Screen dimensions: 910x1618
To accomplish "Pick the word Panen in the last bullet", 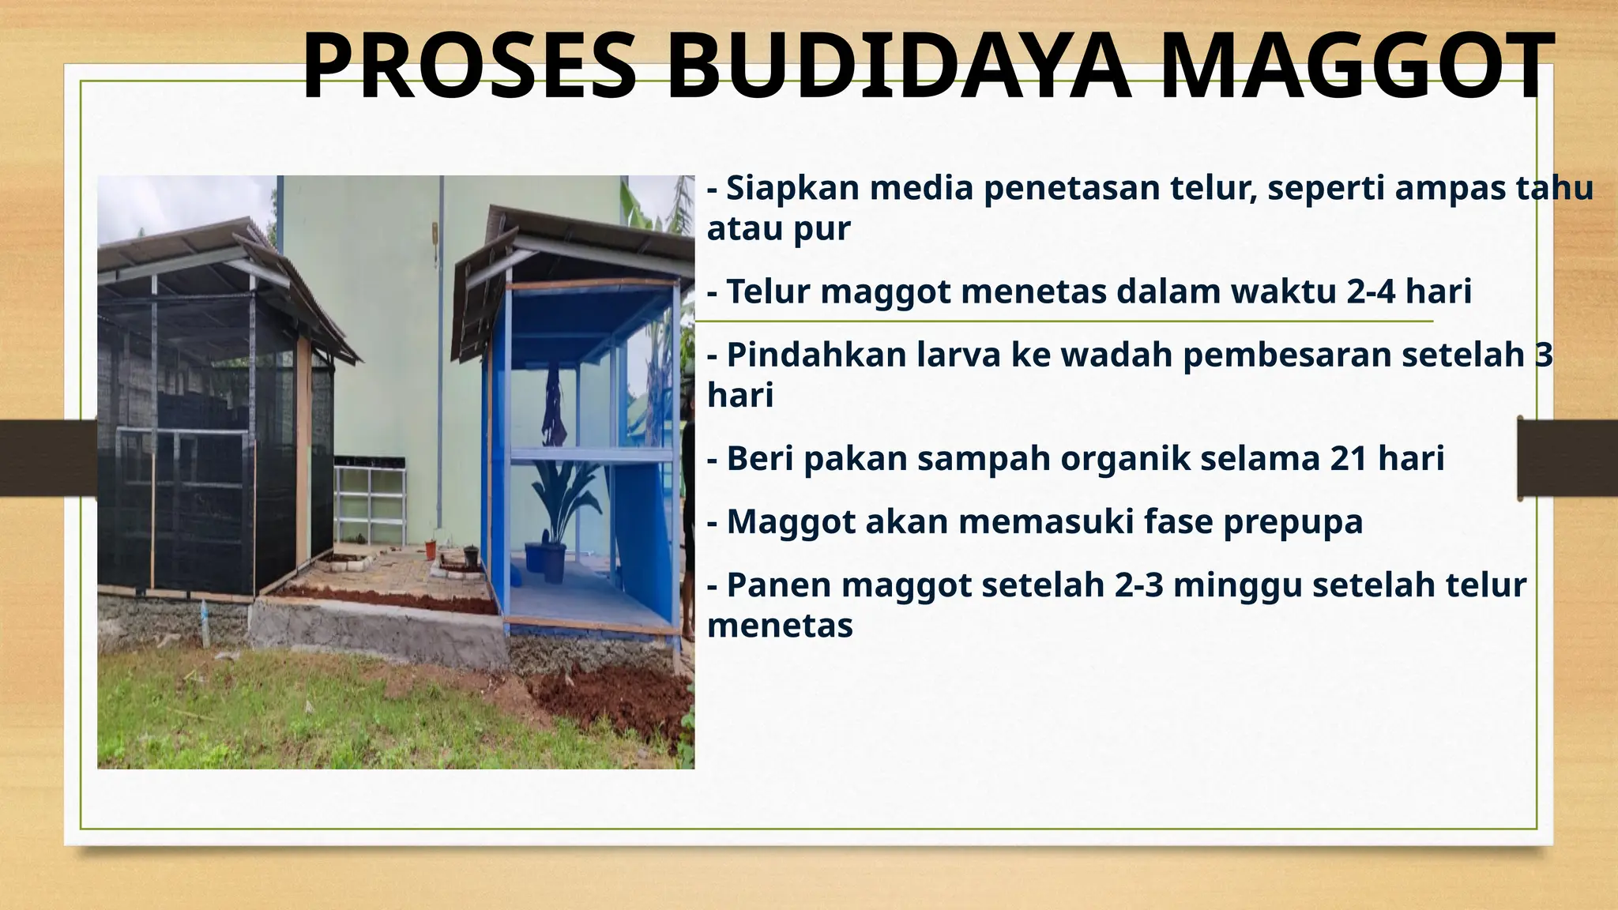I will (x=779, y=585).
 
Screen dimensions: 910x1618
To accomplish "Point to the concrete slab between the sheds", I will (x=379, y=628).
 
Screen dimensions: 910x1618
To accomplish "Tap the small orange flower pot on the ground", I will (x=431, y=548).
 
